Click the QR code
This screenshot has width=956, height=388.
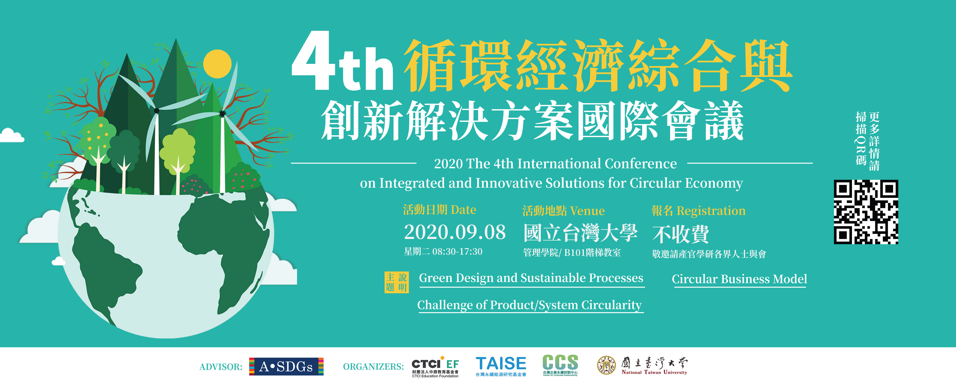tap(866, 212)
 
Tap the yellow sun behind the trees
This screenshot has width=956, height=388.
tap(217, 64)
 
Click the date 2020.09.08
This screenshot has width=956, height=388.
tap(455, 232)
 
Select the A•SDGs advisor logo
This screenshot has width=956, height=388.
tap(286, 366)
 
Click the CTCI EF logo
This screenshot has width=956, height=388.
tap(435, 367)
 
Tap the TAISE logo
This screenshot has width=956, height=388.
tap(501, 366)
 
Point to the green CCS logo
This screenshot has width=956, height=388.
tap(560, 365)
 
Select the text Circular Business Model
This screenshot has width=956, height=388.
tap(739, 279)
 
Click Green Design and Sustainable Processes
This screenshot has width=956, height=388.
tap(531, 278)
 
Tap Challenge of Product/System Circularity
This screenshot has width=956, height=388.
tap(529, 305)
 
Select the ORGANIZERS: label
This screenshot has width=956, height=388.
tap(373, 367)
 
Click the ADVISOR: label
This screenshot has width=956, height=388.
tap(221, 367)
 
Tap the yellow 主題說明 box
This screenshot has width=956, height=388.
tap(396, 282)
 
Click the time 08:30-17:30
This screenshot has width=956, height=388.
tap(457, 252)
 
